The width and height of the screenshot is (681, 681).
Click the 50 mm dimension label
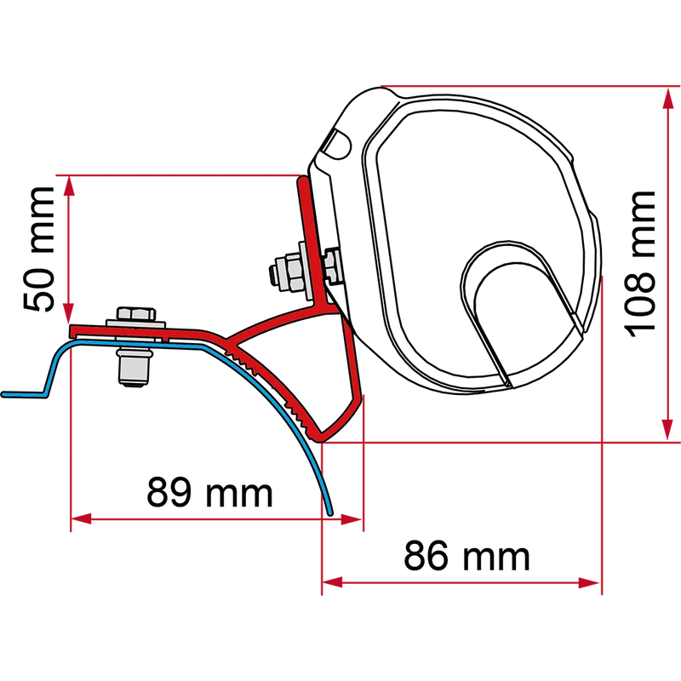[x=39, y=249]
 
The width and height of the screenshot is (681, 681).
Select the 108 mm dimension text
[x=639, y=264]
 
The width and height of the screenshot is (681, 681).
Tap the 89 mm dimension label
[x=209, y=493]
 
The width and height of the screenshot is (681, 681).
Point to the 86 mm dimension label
[x=466, y=557]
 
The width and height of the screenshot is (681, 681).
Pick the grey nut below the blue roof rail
[x=134, y=367]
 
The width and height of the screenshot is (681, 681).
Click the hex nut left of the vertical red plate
[x=287, y=273]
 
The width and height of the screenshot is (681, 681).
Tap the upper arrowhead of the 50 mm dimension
[x=69, y=186]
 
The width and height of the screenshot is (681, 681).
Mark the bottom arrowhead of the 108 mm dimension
[x=668, y=430]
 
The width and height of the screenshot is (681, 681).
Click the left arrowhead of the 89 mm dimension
[x=81, y=518]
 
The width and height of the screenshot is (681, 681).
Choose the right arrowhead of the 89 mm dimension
[x=352, y=519]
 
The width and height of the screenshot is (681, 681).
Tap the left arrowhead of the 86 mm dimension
[x=332, y=583]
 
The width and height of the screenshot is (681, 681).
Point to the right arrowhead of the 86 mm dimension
[x=590, y=583]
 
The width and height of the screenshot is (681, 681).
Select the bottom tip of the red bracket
[x=321, y=440]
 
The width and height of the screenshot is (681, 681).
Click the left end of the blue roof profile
[x=3, y=394]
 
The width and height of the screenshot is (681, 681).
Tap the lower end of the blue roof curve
[x=330, y=513]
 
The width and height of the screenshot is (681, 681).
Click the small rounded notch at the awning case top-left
[x=337, y=144]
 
